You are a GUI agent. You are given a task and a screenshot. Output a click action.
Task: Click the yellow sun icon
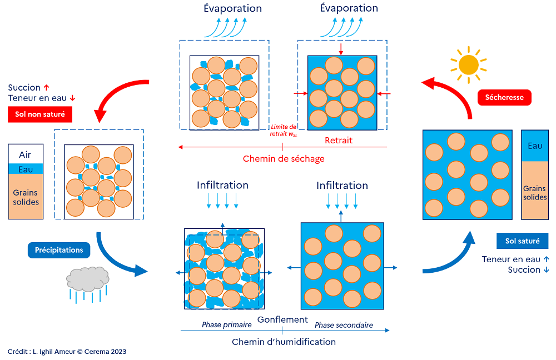[469, 64]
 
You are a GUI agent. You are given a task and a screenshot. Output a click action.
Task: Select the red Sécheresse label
[504, 97]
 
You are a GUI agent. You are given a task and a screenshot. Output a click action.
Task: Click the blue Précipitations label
[59, 250]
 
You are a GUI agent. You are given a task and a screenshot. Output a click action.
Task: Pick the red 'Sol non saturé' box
[40, 115]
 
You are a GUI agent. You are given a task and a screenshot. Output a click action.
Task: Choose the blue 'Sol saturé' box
[522, 241]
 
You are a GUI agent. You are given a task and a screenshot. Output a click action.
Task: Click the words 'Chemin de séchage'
[284, 159]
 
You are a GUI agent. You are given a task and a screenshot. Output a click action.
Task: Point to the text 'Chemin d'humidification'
[284, 342]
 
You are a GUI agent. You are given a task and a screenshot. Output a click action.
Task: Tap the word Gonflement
[282, 319]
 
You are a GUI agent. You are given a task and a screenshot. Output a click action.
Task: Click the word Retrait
[339, 141]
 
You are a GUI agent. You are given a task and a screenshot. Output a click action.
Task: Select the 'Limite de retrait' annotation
[284, 130]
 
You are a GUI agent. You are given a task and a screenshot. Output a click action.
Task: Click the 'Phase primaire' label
[227, 325]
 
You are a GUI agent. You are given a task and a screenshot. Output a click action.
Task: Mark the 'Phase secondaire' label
[344, 325]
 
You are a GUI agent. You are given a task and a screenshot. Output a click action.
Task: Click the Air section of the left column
[26, 155]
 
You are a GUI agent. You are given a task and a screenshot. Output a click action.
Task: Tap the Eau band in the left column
[26, 169]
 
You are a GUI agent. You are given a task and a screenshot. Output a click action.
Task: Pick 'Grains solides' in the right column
[535, 192]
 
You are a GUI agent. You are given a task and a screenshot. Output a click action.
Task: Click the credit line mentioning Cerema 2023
[67, 351]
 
